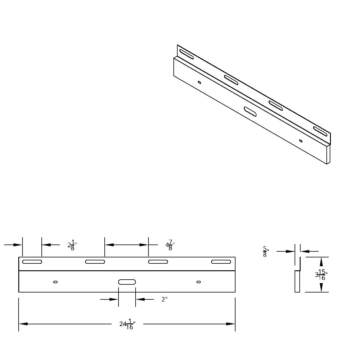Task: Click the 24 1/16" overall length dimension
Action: click(x=127, y=324)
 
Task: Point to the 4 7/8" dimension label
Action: click(x=170, y=245)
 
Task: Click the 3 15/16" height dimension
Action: click(x=321, y=274)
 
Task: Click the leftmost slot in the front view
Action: click(x=32, y=262)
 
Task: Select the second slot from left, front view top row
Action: click(x=95, y=262)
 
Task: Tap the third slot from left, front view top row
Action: click(x=158, y=262)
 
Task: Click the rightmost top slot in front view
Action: click(x=221, y=262)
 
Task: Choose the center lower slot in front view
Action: click(x=127, y=282)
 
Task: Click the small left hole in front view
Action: click(x=55, y=282)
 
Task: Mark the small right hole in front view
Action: click(x=198, y=282)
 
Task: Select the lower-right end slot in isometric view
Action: click(x=320, y=131)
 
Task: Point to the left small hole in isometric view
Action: click(x=199, y=82)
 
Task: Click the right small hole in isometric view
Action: click(x=301, y=140)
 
